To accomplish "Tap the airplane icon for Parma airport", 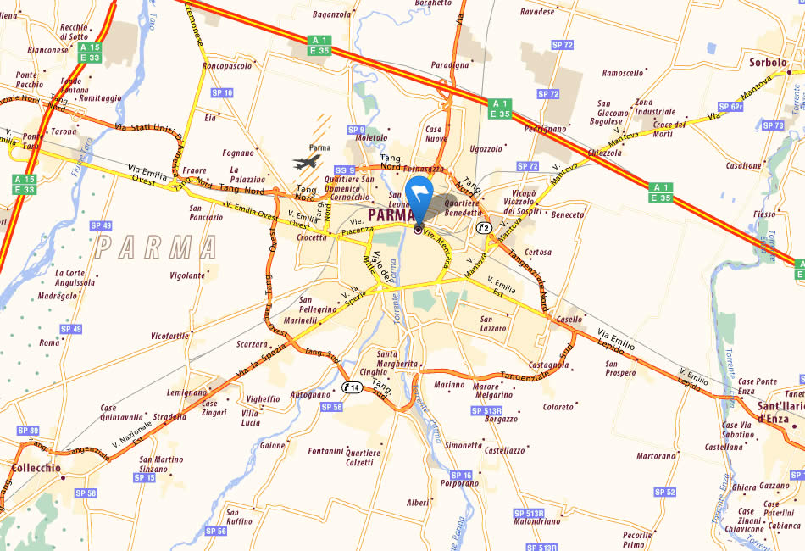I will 307,160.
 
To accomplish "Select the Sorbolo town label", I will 768,62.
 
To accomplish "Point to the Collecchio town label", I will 36,467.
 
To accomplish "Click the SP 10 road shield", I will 223,92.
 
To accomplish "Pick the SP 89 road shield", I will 28,431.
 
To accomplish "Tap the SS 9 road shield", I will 345,170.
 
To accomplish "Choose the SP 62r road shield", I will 730,107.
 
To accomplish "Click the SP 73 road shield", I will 774,125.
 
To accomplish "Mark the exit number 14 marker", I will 353,387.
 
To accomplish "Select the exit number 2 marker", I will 484,227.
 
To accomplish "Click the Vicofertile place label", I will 169,336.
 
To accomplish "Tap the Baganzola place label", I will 331,14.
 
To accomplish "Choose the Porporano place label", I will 459,484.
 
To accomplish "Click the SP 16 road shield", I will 461,475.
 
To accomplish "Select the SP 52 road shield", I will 665,492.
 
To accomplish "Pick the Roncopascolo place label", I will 227,65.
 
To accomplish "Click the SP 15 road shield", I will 145,478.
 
